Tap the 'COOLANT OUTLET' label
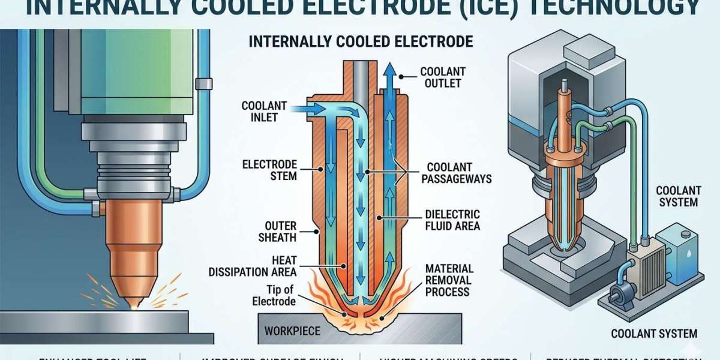(x=443, y=77)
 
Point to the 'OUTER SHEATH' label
(x=277, y=231)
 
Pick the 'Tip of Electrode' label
(x=274, y=296)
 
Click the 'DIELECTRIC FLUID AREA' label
(x=452, y=220)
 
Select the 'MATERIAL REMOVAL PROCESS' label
(x=449, y=280)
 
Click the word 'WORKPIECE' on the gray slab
(x=293, y=331)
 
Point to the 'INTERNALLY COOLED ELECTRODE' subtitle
(x=361, y=41)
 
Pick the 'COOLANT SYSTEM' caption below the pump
(x=654, y=334)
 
